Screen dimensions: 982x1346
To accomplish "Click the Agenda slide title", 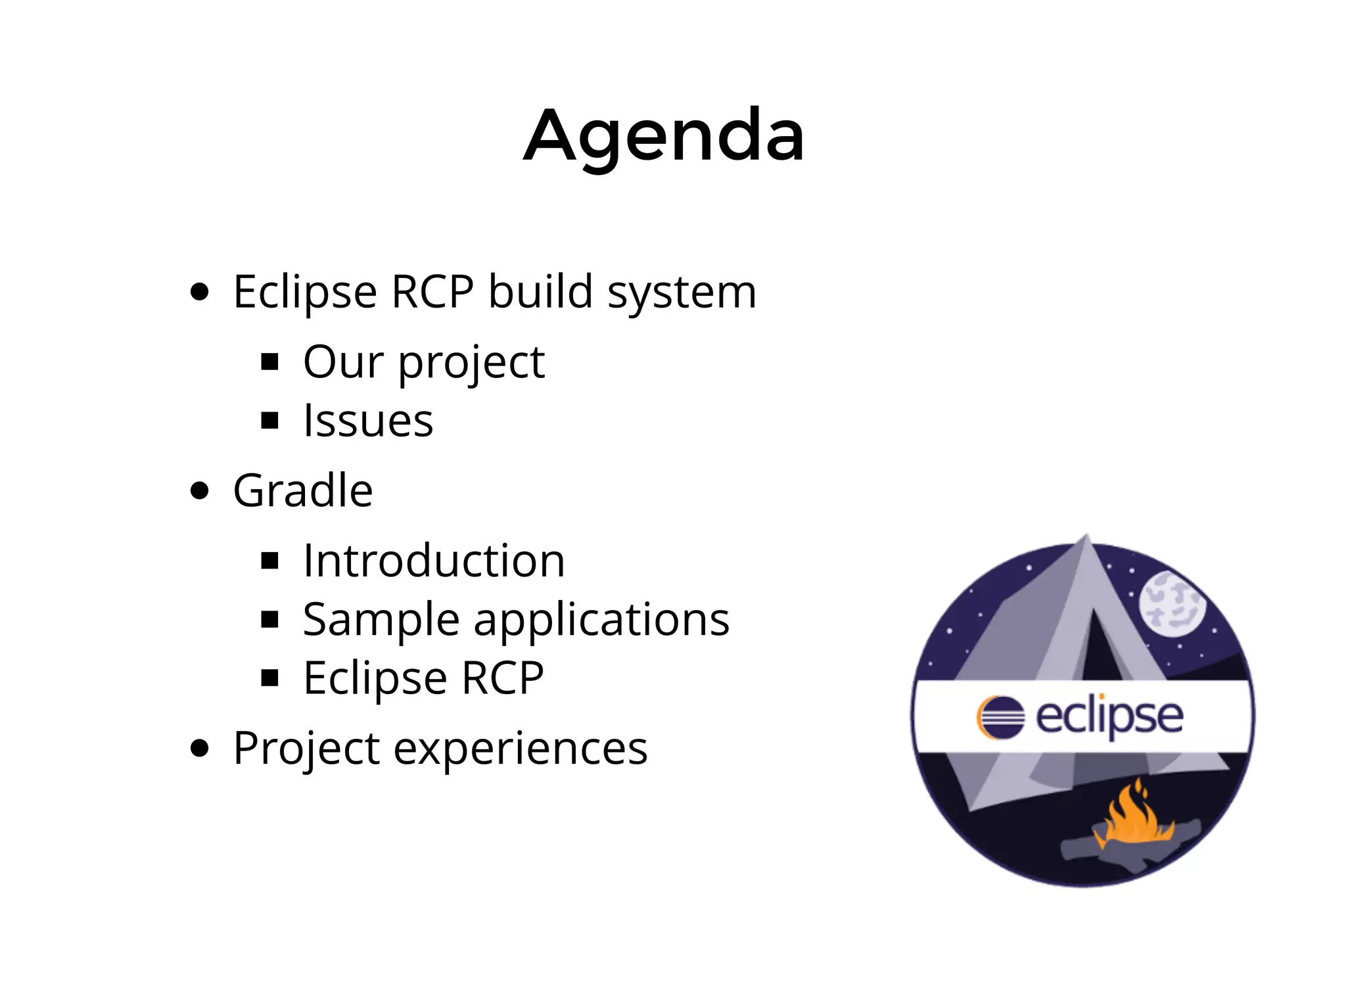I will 664,137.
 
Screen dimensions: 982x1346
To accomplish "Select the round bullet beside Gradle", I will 199,490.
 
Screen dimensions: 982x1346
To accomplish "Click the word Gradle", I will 303,490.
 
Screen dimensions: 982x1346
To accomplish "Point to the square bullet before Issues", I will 269,420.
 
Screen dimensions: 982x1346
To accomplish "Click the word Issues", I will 368,420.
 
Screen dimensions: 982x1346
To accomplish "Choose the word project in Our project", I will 472,363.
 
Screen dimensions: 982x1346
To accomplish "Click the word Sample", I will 381,619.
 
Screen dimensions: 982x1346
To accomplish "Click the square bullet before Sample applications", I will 269,619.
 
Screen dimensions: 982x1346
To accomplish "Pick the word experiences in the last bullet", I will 521,748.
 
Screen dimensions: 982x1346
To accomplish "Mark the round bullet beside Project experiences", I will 199,748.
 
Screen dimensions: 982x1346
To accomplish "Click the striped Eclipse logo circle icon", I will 1000,717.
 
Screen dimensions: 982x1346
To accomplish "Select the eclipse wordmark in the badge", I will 1109,717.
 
